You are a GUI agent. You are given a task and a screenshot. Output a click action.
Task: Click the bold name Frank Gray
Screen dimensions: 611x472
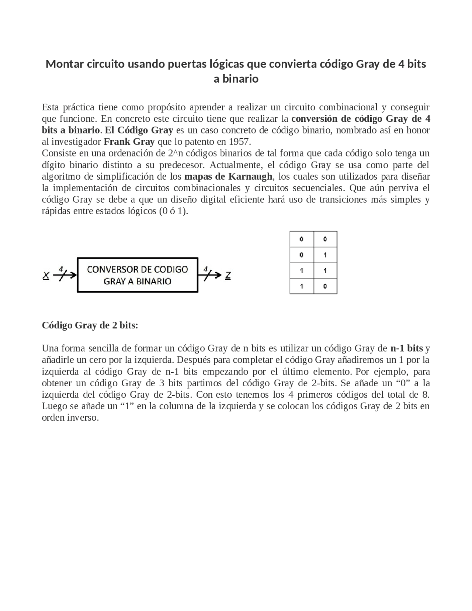coord(129,142)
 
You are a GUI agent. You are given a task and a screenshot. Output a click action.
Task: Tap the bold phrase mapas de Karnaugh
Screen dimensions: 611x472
coord(228,176)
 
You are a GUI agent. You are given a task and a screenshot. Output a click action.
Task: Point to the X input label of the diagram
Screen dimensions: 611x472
coord(46,275)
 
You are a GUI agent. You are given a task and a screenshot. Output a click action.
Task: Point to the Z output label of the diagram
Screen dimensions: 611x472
coord(228,275)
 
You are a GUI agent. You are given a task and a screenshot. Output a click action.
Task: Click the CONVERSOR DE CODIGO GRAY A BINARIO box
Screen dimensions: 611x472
coord(138,275)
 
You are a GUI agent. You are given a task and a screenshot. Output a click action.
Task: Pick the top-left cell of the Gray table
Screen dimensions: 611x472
coord(302,239)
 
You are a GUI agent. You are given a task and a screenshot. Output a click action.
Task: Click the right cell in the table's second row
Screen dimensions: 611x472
coord(325,255)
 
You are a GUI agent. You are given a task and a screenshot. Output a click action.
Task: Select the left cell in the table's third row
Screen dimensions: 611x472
coord(302,270)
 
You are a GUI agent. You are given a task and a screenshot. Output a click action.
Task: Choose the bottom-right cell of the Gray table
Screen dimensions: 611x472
coord(325,286)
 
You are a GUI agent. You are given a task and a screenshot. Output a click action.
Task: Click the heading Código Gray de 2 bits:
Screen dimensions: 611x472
coord(90,325)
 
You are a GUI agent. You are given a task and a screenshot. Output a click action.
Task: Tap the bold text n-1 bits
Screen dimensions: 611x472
coord(407,348)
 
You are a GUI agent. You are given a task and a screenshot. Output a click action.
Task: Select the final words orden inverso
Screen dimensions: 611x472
coord(70,418)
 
